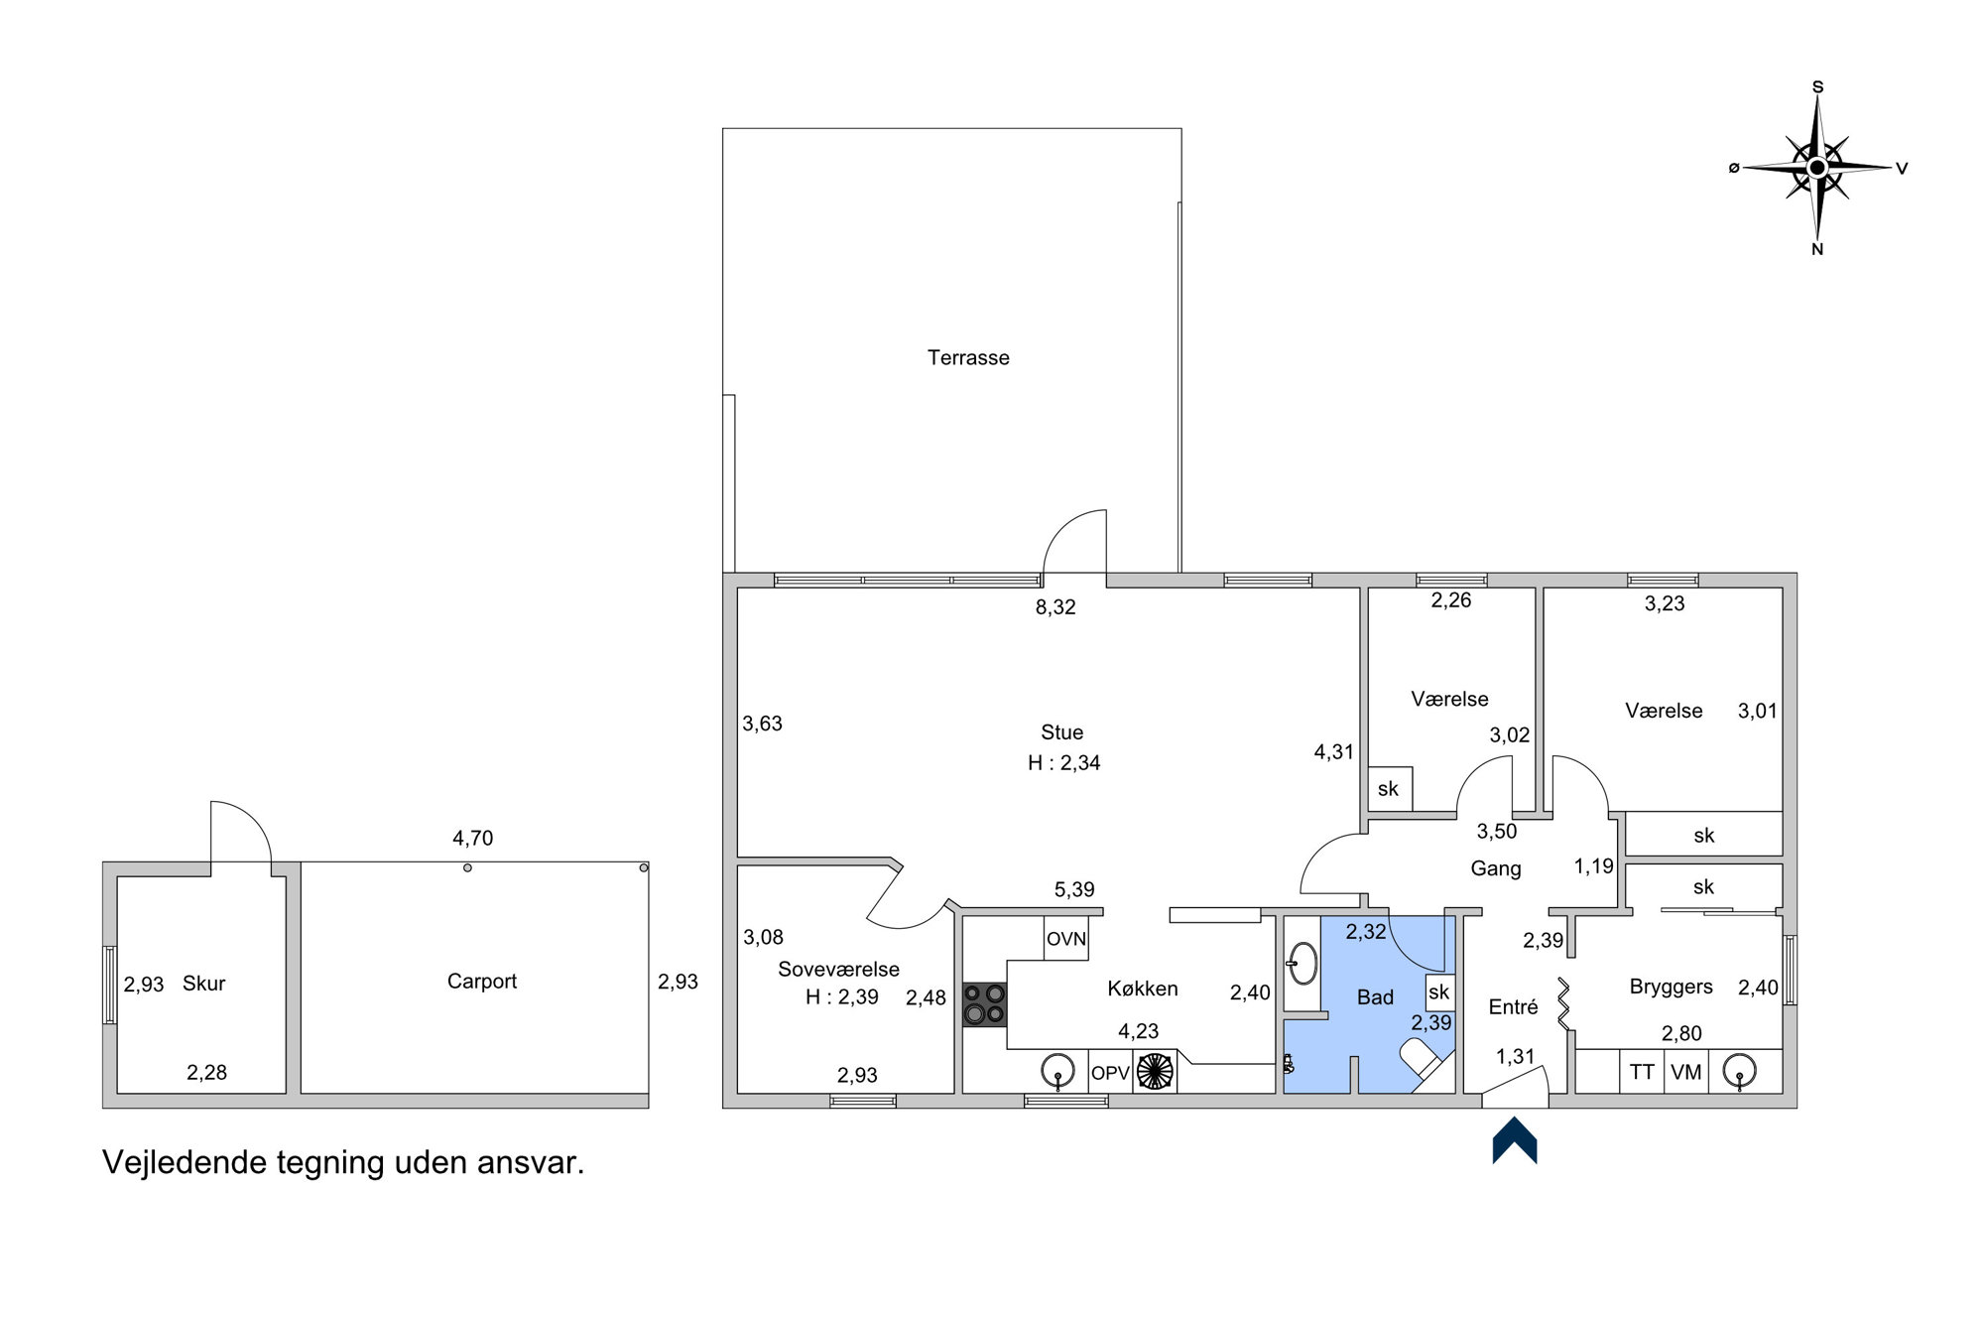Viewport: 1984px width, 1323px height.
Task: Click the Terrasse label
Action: point(968,357)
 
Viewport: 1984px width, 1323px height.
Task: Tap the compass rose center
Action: point(1817,168)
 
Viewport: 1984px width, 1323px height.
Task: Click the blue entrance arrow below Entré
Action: point(1515,1140)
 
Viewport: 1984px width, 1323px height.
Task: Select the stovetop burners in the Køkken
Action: point(984,1004)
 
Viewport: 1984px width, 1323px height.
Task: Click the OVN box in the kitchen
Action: point(1066,938)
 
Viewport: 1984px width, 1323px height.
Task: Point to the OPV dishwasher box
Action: point(1110,1072)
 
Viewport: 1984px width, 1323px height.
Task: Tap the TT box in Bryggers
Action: point(1642,1072)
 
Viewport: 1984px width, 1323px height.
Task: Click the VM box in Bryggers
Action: point(1686,1072)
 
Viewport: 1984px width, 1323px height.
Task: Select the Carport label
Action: point(482,982)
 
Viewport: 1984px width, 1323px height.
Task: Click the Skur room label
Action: point(204,984)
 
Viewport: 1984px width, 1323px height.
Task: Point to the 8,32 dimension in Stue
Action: point(1055,607)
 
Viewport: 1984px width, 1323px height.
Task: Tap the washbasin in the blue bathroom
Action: point(1302,963)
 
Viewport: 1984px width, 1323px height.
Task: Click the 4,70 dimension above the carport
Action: point(473,839)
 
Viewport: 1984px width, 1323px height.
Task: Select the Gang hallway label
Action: point(1496,868)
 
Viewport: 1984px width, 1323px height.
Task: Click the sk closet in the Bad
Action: point(1439,992)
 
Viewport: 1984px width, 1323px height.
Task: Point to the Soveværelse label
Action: point(838,970)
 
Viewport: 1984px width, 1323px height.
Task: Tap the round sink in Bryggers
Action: point(1739,1072)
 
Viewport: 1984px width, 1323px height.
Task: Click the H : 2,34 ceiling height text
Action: point(1064,763)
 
